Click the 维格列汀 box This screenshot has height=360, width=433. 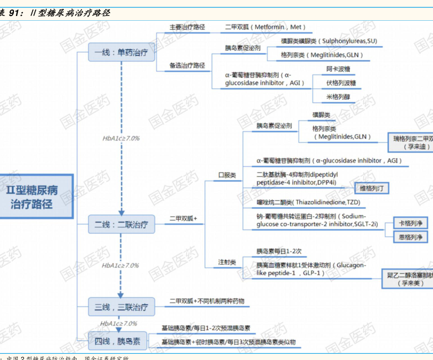click(375, 189)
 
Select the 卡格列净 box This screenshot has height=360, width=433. click(410, 223)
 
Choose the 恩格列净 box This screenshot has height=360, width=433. click(410, 237)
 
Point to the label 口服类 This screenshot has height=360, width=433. click(227, 175)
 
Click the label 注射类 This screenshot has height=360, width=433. click(227, 262)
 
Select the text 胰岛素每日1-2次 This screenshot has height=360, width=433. click(279, 251)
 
